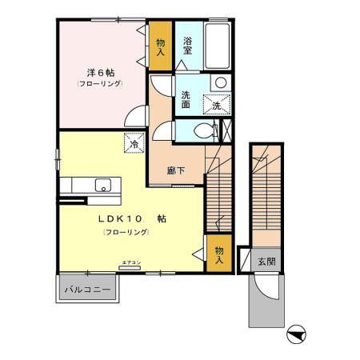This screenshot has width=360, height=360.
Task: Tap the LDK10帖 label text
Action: pyautogui.click(x=133, y=218)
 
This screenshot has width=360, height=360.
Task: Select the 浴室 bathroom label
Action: pyautogui.click(x=187, y=46)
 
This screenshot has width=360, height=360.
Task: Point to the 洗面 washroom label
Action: pyautogui.click(x=186, y=98)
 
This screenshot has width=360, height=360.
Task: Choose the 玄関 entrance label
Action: pyautogui.click(x=264, y=262)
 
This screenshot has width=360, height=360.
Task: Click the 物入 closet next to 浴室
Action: pyautogui.click(x=161, y=46)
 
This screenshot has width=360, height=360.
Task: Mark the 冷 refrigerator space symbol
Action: pyautogui.click(x=134, y=144)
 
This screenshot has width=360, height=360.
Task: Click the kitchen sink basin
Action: pyautogui.click(x=103, y=186)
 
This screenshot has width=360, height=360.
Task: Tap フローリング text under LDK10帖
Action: pyautogui.click(x=126, y=231)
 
